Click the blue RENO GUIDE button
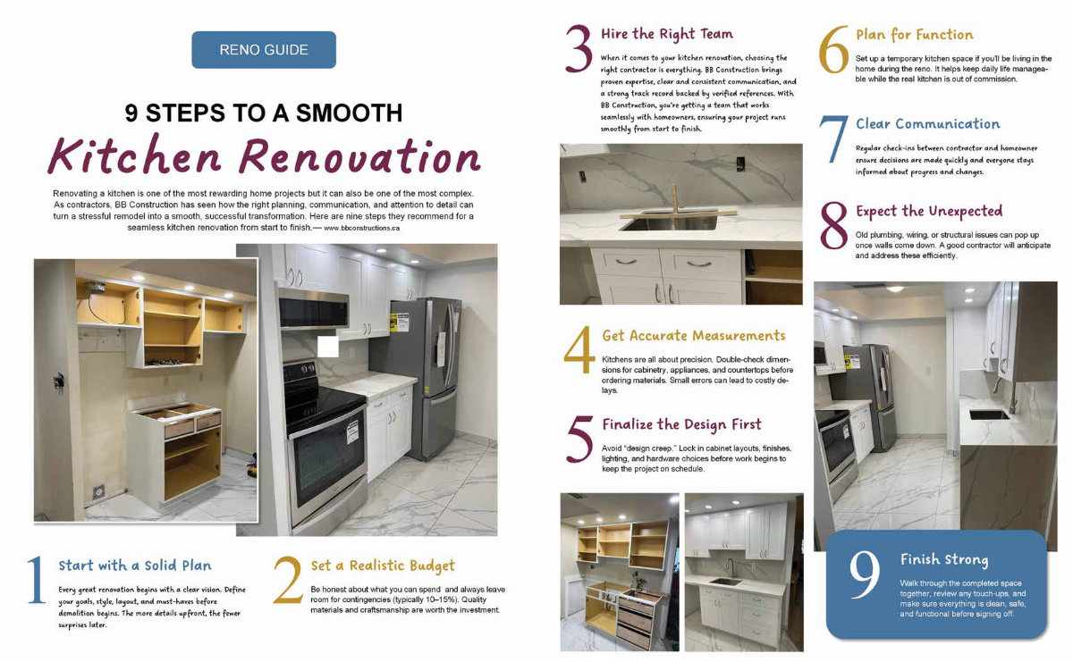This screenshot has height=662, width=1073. click(264, 50)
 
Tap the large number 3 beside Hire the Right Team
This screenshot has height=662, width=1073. click(579, 48)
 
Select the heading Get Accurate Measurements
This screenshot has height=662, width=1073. click(694, 336)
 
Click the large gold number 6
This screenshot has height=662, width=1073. click(833, 50)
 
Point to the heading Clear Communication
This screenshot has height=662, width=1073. click(928, 124)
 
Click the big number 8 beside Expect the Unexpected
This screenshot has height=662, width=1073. click(834, 225)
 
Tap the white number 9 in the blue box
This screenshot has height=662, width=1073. click(865, 574)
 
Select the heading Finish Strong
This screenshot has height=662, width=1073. click(944, 559)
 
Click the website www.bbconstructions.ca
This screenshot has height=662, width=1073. click(361, 229)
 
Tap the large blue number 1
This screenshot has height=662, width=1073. click(37, 580)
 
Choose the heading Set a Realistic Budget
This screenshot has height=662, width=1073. click(383, 566)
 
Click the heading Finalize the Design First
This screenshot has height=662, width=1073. click(681, 424)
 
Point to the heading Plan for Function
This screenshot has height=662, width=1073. click(915, 35)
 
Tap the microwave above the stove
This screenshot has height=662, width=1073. click(314, 310)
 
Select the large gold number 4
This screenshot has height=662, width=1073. click(579, 350)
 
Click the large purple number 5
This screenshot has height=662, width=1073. click(579, 439)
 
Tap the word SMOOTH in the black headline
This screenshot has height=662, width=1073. click(349, 113)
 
